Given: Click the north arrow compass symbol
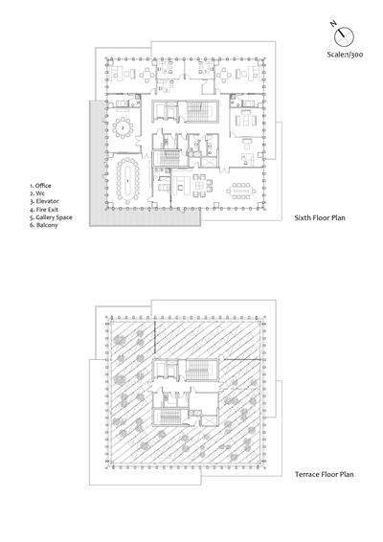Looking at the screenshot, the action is coord(344,36).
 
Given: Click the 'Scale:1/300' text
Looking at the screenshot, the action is coord(345,55).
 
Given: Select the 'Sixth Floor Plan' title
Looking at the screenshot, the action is coord(320,217).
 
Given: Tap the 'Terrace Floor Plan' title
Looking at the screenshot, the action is coord(325,474).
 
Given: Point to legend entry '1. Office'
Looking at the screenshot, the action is coord(40,186).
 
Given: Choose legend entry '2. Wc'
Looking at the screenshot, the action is coord(37,193).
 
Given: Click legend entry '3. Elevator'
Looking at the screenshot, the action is coord(44,201).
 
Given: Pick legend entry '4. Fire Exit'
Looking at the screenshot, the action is coord(43,210).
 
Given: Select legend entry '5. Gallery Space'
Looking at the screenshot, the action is coord(51,217).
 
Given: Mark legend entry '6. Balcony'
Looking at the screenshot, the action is coord(43,225).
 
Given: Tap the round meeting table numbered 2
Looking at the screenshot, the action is coord(123,128).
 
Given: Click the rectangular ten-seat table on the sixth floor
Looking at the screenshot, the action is coord(241,191).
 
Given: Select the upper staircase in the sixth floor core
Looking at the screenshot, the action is coord(198,111).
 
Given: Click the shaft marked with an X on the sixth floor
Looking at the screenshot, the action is coord(210,162).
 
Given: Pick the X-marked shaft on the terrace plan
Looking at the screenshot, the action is coord(210,421).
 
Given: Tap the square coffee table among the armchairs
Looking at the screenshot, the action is coord(200,185).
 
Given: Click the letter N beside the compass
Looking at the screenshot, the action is coord(333,24).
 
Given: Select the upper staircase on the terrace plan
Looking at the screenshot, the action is coord(198,371).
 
